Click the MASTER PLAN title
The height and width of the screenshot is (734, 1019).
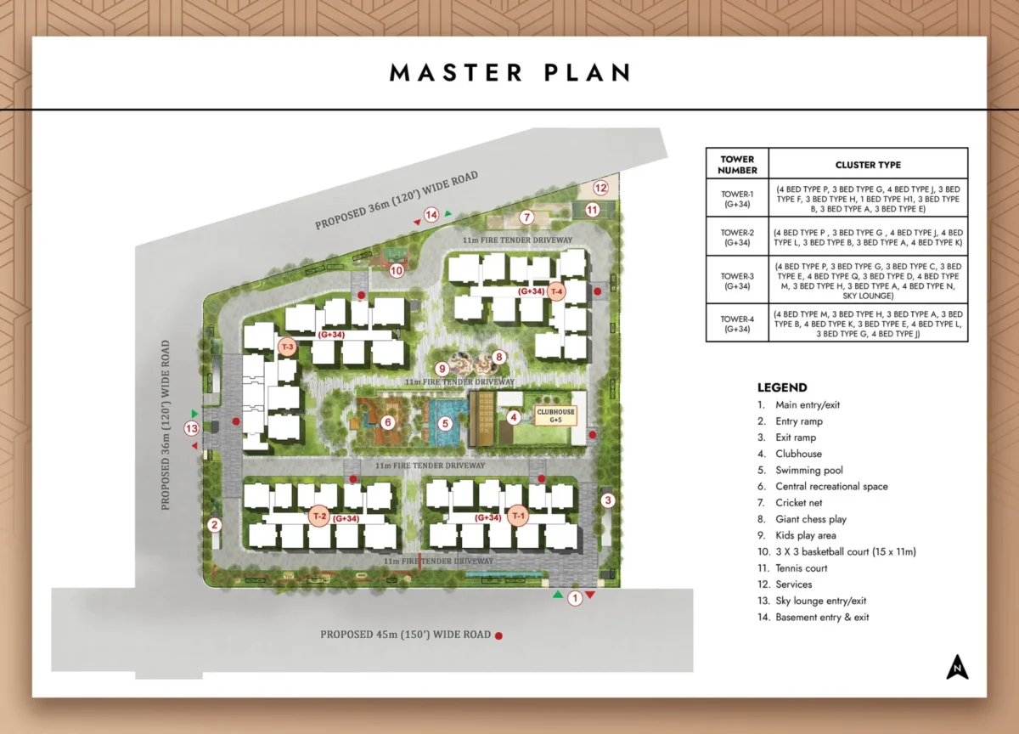[x=509, y=72]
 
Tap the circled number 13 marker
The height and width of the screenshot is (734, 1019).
[x=192, y=429]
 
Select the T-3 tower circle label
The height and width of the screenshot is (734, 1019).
[x=288, y=347]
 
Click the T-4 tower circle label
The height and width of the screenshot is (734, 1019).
[x=557, y=291]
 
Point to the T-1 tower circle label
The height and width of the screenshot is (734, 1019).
[x=519, y=516]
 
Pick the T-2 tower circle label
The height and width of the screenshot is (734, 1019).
[x=319, y=516]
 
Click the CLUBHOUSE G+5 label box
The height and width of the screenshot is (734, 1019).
[x=555, y=415]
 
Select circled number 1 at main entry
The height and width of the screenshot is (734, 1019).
[x=575, y=598]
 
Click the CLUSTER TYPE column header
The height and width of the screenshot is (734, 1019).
[x=868, y=165]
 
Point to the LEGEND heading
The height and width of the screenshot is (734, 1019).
[x=782, y=387]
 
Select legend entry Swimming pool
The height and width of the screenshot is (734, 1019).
[x=808, y=470]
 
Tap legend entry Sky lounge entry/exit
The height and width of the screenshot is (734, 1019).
[x=820, y=601]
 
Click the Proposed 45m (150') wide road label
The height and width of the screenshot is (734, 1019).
[x=406, y=635]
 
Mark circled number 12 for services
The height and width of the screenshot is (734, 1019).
[x=601, y=188]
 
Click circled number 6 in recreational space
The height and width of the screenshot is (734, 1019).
[x=388, y=422]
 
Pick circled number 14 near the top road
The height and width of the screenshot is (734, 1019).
[x=431, y=215]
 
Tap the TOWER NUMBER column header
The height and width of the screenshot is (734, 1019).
[x=737, y=165]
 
